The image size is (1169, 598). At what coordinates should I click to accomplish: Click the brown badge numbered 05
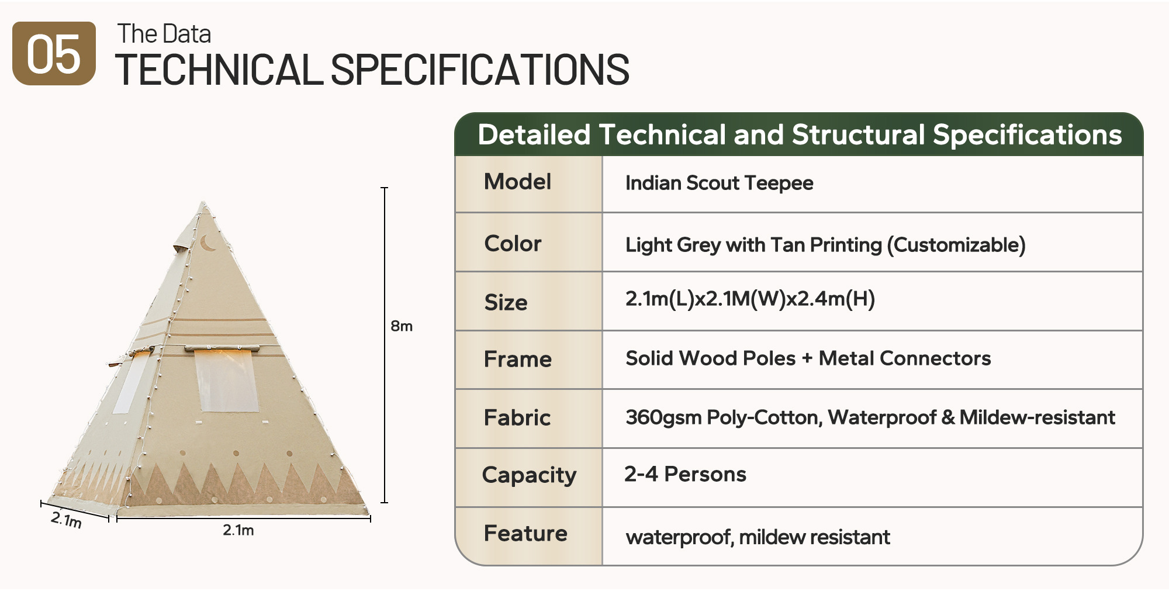coord(54,53)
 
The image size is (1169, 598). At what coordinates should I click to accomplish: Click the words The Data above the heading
coord(164,34)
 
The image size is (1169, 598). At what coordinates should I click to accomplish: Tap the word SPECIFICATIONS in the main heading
coord(480,70)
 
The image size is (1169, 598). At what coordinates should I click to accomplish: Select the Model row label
coord(517,182)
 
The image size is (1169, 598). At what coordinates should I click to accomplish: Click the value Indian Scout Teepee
coord(719,183)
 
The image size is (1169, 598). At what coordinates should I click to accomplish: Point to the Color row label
coord(513,243)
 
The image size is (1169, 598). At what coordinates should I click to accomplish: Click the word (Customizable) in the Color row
coord(956,245)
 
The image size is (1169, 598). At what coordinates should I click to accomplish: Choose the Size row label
coord(506,302)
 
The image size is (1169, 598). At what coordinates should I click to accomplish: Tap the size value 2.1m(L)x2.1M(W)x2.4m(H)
coord(750,299)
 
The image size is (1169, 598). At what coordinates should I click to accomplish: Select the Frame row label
coord(517,359)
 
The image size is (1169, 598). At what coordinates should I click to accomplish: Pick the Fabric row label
coord(517,417)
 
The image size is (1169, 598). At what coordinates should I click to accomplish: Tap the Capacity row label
coord(529,475)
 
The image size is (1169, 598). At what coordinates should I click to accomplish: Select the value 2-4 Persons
coord(685,474)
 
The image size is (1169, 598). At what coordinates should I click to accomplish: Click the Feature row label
coord(525,533)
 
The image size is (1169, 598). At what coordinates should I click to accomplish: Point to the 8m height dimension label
coord(402,326)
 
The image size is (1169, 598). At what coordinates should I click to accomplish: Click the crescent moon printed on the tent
coord(207,243)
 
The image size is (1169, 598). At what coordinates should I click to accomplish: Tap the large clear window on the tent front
coord(226,380)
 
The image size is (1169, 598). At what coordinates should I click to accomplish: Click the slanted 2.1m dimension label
coord(66,519)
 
